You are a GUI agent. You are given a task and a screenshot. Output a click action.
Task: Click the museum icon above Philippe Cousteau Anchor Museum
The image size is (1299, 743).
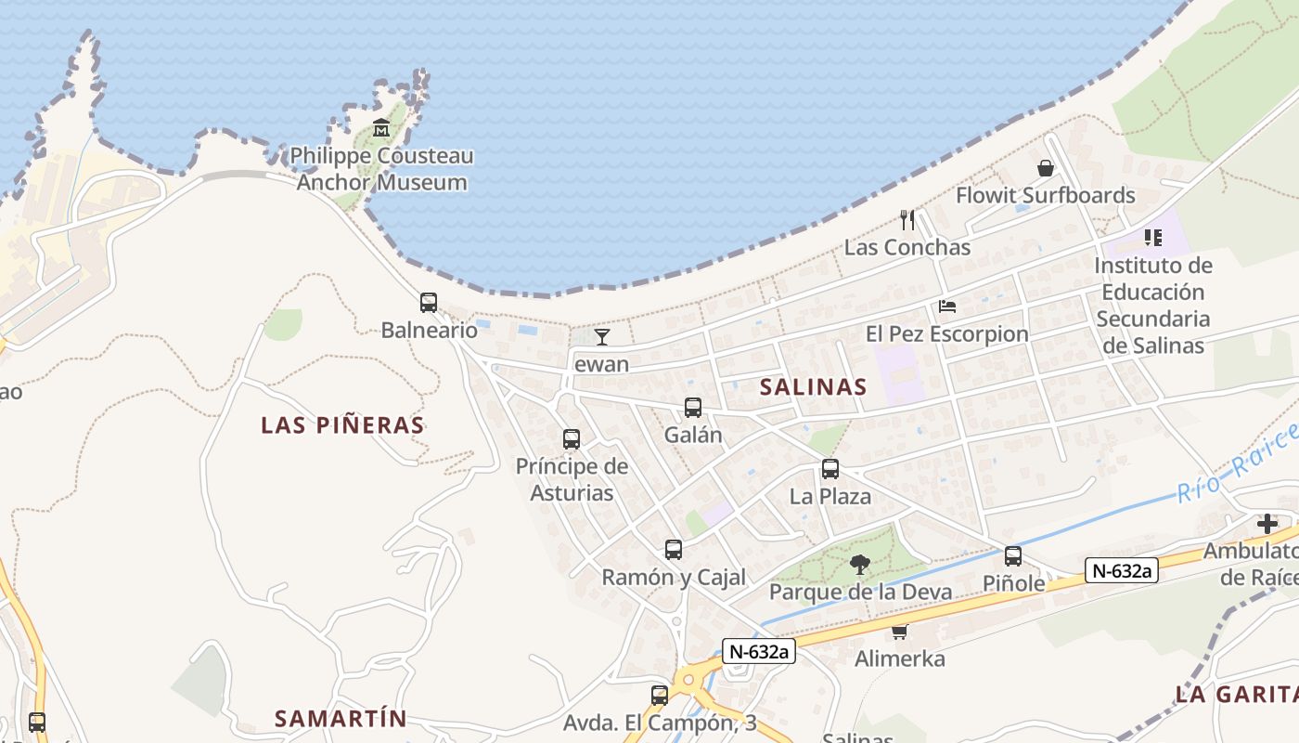click(380, 128)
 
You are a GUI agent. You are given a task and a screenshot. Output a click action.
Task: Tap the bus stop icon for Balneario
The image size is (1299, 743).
click(428, 302)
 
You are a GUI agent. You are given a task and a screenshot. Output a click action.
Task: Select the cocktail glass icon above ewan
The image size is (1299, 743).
click(602, 336)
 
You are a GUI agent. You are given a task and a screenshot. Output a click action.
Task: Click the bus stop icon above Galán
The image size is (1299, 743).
click(692, 407)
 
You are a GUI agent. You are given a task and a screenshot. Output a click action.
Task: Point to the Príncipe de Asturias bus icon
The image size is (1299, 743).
click(572, 439)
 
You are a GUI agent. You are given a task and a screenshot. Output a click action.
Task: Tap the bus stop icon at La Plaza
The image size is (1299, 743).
click(830, 469)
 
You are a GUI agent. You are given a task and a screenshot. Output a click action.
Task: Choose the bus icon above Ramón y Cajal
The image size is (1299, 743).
click(674, 549)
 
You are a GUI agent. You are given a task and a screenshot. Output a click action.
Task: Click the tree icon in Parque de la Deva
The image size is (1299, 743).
click(860, 564)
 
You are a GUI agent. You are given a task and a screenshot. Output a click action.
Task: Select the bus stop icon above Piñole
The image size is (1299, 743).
click(1013, 556)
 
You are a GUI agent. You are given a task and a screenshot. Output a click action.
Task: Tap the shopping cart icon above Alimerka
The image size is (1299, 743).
click(898, 632)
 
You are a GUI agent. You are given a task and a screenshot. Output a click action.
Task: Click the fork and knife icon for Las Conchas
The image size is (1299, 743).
click(907, 220)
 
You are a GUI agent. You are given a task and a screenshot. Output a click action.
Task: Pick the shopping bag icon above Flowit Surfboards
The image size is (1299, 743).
click(1046, 168)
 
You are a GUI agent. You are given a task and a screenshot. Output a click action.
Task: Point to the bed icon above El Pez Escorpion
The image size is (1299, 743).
click(946, 306)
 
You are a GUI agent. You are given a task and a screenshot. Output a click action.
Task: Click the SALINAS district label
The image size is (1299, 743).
click(813, 387)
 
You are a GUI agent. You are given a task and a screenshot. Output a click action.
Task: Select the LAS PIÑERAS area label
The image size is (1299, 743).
click(342, 425)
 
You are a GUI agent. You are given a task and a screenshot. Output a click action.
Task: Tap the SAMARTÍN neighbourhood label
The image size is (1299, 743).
click(341, 718)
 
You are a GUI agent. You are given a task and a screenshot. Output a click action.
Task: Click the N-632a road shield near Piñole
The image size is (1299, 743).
click(1122, 570)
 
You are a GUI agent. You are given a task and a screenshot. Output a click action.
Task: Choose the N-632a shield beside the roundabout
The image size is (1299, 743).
click(759, 651)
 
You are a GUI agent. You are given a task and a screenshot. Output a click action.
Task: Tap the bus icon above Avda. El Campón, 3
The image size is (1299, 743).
click(659, 695)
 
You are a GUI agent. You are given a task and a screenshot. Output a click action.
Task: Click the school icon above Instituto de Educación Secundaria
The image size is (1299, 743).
click(1153, 238)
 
